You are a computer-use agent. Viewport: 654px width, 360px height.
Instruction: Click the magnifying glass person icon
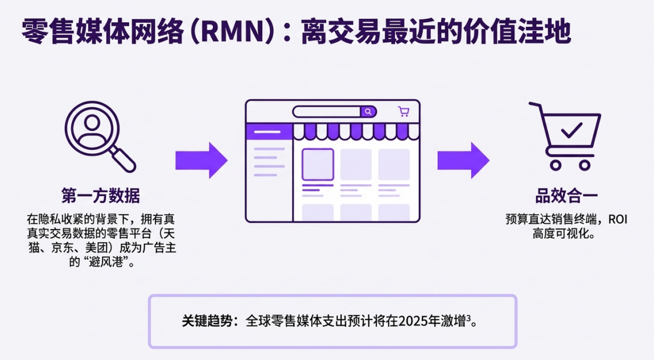99,136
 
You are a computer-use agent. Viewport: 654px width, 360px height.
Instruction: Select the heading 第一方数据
100,196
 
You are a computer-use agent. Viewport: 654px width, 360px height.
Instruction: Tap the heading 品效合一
566,196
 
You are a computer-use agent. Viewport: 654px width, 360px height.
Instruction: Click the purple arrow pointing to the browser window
201,160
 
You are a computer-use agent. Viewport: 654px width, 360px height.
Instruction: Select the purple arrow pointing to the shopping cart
463,160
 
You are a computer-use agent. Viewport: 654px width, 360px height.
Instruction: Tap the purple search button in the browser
368,112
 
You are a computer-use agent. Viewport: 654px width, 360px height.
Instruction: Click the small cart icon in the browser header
404,112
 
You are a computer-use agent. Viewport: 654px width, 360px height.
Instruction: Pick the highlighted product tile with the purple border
318,164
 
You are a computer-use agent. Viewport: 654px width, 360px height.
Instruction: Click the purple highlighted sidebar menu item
268,132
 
